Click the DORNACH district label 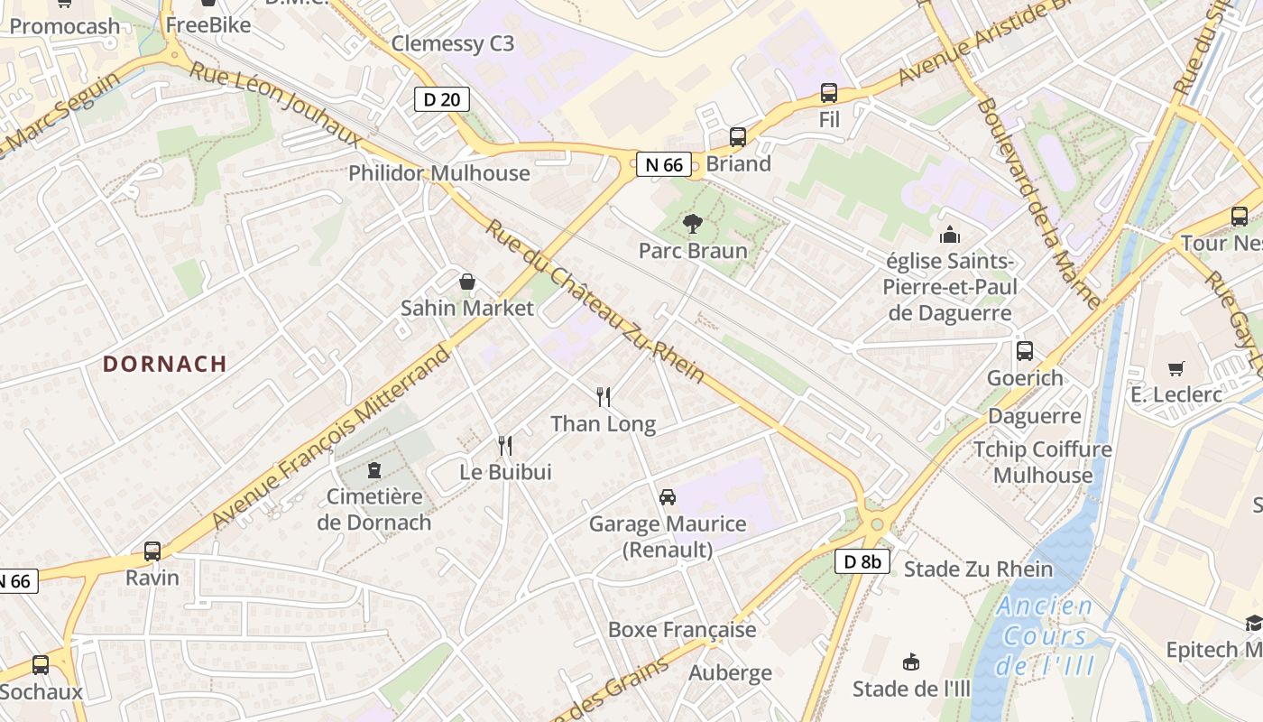(x=164, y=364)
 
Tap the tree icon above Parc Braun (x=693, y=224)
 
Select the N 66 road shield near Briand (x=664, y=164)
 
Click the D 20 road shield (x=441, y=99)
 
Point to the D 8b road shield (x=862, y=561)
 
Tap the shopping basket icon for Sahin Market (x=466, y=282)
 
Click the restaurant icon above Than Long (x=604, y=396)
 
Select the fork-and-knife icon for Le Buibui (x=505, y=445)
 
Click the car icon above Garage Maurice (x=667, y=496)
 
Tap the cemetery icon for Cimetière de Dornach (x=373, y=469)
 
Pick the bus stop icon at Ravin (x=152, y=551)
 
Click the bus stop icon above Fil (x=828, y=92)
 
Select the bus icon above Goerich (x=1024, y=351)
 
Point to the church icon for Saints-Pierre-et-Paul (x=950, y=235)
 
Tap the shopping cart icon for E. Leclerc (x=1175, y=368)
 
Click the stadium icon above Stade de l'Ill (x=911, y=662)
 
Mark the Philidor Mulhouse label (x=439, y=173)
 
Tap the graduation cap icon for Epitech (x=1253, y=623)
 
